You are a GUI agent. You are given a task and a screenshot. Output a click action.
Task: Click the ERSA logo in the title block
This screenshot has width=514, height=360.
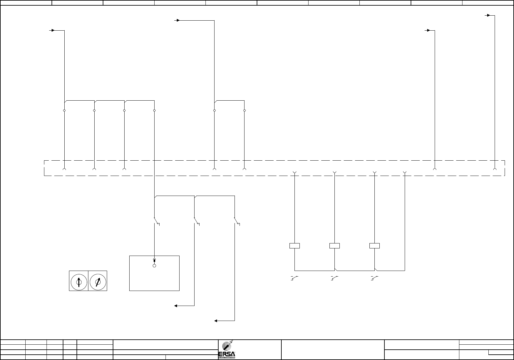point(227,349)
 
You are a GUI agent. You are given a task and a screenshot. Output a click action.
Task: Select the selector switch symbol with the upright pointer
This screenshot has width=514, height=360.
point(79,281)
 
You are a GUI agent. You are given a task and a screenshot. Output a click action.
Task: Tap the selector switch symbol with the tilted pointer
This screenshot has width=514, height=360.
point(98,281)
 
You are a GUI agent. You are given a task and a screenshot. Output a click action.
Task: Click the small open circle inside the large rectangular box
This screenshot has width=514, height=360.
point(154,266)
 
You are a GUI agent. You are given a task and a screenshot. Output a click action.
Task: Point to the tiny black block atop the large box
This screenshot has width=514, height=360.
point(154,260)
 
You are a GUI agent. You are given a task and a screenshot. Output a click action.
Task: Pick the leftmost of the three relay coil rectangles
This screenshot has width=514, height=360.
point(294,246)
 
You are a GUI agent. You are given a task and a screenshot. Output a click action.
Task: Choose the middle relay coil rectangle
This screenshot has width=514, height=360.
point(334,246)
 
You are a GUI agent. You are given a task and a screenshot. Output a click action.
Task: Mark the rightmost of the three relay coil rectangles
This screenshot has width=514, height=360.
point(374,246)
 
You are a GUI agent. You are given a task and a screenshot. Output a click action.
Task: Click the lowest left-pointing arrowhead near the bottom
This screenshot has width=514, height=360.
point(216,321)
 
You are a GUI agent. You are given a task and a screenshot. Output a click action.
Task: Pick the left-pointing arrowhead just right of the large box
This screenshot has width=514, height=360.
point(176,306)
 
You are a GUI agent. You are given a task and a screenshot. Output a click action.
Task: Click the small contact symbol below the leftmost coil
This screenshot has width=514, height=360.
point(294,278)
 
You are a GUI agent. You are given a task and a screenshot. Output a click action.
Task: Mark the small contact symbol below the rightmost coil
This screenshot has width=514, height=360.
point(374,278)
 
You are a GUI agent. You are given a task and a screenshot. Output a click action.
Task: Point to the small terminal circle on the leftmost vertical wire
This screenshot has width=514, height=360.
point(64,110)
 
